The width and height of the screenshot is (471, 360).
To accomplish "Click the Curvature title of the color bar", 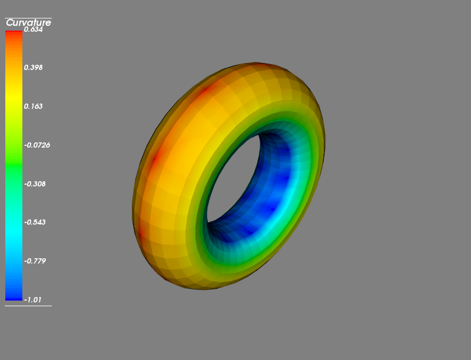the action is [x=28, y=23].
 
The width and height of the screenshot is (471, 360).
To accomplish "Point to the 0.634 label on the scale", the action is [x=34, y=29].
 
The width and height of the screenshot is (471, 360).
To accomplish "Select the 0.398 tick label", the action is [x=34, y=68].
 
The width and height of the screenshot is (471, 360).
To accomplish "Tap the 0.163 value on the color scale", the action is [x=34, y=106].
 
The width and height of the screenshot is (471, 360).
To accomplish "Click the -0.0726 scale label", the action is [x=37, y=145].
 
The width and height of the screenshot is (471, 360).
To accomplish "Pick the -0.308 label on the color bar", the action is [x=35, y=184].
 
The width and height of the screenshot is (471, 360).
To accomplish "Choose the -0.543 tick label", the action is [x=35, y=222].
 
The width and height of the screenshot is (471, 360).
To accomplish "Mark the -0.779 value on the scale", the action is [x=35, y=261].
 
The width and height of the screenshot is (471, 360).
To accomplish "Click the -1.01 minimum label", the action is [x=33, y=299].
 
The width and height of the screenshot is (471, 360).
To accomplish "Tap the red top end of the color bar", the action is [x=14, y=33].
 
